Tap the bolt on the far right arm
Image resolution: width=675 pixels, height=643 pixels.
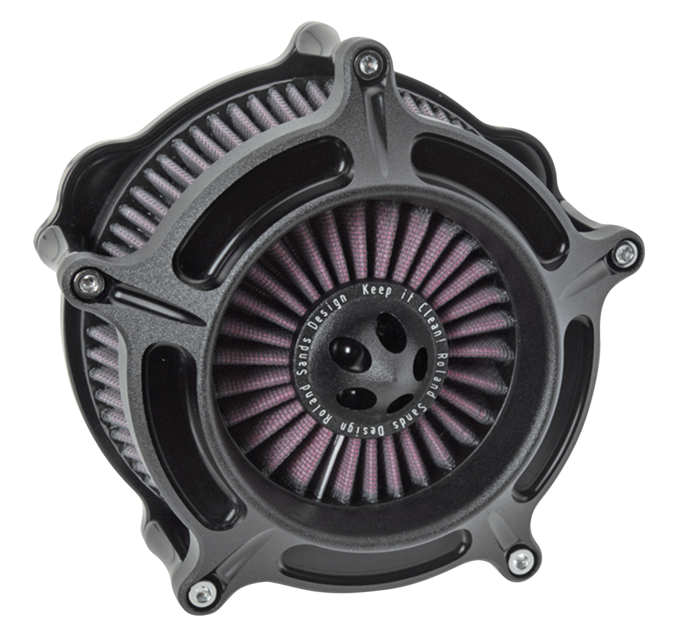point(624,253)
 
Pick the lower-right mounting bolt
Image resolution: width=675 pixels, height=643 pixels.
point(520,561)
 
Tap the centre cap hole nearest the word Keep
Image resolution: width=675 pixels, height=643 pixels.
point(386,329)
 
